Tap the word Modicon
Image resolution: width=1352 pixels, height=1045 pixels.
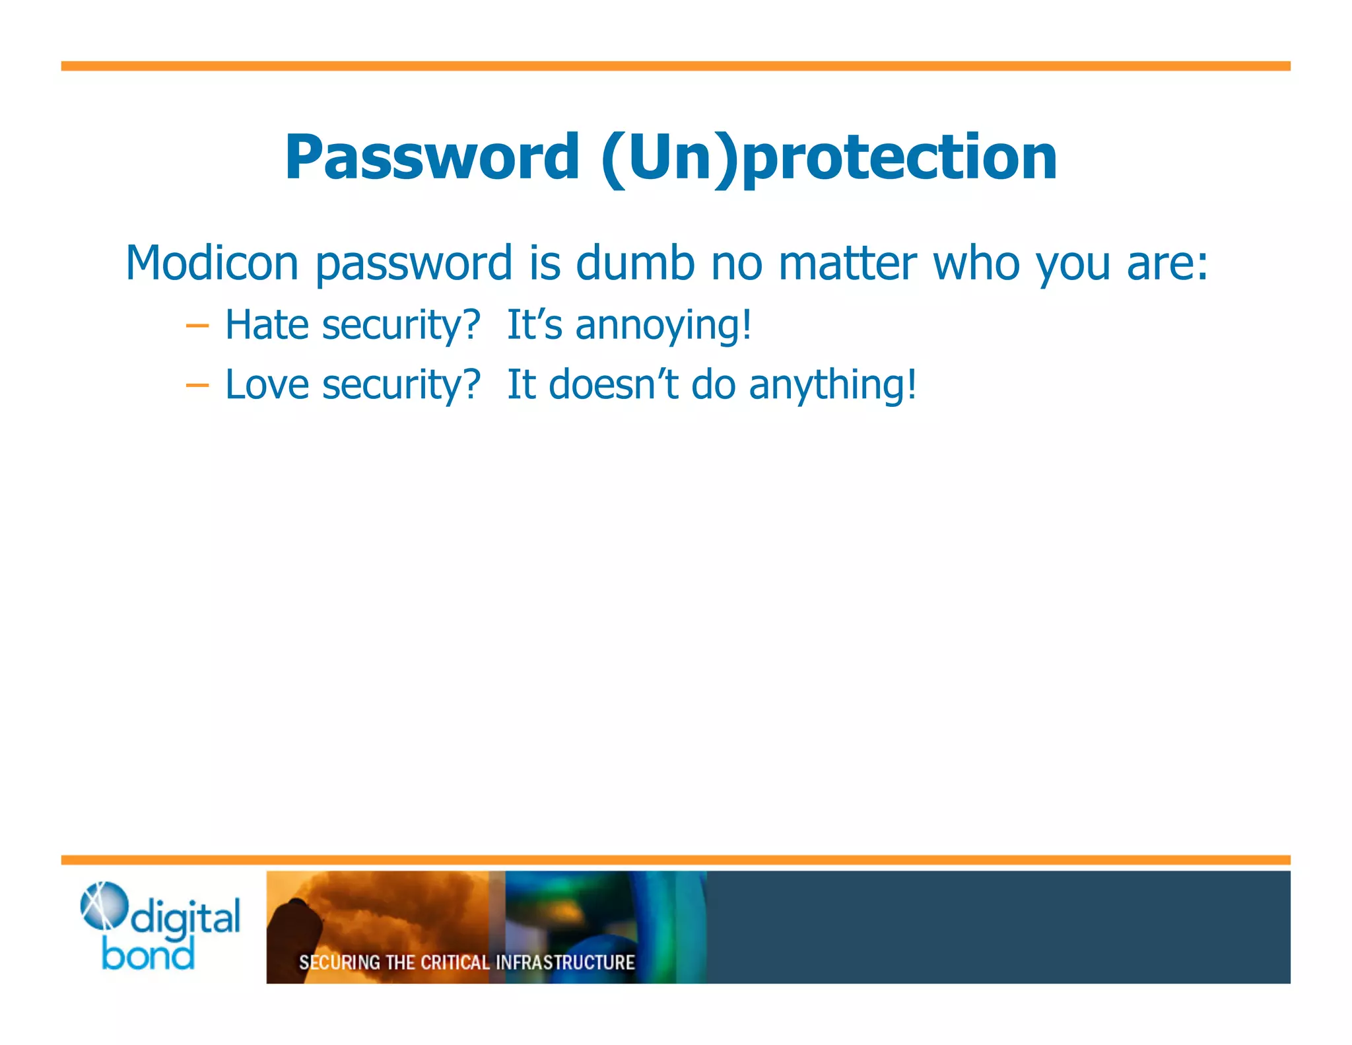click(x=212, y=263)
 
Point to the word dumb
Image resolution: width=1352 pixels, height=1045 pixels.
click(x=635, y=263)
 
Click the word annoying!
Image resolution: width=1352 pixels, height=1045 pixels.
click(x=663, y=326)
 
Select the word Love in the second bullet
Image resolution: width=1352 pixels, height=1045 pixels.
click(x=267, y=384)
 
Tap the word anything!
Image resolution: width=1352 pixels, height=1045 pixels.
click(x=832, y=386)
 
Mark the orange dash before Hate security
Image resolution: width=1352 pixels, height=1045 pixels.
click(x=197, y=326)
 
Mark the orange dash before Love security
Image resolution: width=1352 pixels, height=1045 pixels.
click(x=197, y=385)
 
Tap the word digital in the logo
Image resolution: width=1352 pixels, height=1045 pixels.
click(x=186, y=919)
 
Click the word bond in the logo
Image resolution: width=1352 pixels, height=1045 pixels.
click(x=148, y=955)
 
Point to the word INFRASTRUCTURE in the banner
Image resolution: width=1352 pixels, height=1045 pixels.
click(x=564, y=962)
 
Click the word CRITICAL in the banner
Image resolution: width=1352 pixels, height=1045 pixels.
click(x=455, y=962)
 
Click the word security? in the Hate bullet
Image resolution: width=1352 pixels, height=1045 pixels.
click(x=401, y=326)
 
